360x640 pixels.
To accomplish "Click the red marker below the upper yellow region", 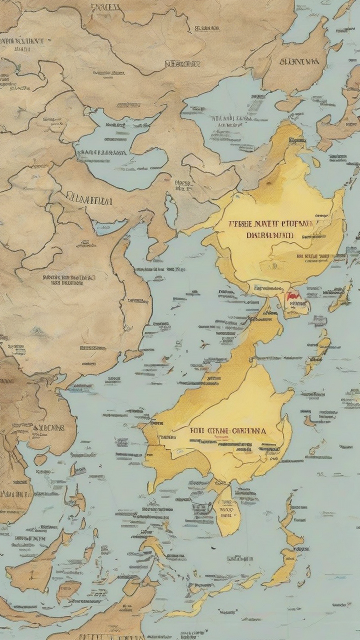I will coord(291,296).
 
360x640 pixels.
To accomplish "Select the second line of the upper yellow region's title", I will coord(270,234).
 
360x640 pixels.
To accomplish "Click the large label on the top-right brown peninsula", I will coord(299,62).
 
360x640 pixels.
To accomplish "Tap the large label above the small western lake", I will coord(89,200).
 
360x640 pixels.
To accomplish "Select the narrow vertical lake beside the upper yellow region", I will coord(171,210).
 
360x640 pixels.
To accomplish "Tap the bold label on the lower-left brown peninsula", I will coord(48,428).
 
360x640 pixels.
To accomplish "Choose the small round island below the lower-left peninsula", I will coord(40,459).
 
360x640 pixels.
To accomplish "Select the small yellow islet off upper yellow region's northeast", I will coord(316,162).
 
